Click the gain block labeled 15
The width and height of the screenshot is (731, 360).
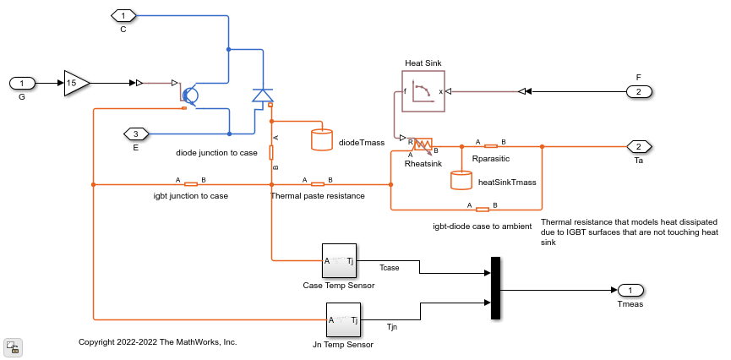point(74,83)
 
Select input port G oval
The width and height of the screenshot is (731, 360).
point(22,83)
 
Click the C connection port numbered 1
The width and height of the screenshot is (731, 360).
point(123,15)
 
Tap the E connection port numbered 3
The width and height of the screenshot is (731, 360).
point(135,134)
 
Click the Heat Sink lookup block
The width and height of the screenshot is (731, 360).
point(423,90)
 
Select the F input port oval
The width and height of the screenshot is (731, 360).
point(639,91)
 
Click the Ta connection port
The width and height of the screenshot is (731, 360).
point(639,146)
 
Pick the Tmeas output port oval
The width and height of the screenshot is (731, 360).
point(630,290)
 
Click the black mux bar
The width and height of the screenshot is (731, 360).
point(496,288)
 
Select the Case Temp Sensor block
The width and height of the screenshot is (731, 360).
point(340,261)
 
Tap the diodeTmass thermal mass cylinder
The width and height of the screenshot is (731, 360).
point(322,139)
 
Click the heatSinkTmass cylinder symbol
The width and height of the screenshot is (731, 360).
point(461,180)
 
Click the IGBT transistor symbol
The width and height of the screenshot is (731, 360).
point(189,95)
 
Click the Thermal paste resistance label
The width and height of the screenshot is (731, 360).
point(317,196)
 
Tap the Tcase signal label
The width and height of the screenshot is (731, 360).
point(390,267)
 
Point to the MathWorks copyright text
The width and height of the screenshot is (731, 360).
point(157,342)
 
